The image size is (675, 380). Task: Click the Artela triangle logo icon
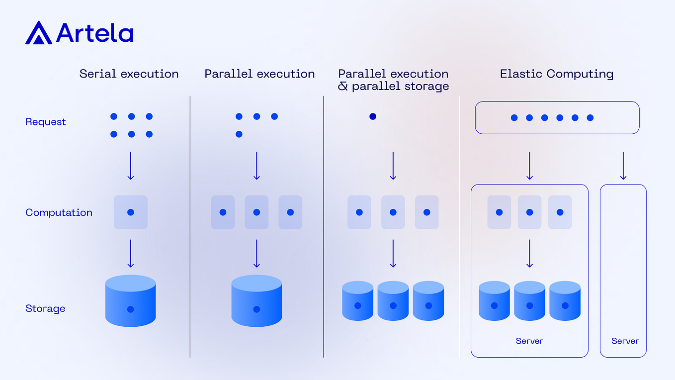39,33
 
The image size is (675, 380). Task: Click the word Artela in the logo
94,33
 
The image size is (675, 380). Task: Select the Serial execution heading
129,74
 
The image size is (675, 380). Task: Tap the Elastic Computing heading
556,74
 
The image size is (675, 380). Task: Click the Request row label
46,122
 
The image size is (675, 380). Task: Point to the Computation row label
59,212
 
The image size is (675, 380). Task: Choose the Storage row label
45,308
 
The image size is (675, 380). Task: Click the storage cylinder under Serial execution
130,301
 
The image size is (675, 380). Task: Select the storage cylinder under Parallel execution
256,301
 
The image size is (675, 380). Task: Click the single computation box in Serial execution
131,212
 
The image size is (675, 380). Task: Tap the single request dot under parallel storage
373,116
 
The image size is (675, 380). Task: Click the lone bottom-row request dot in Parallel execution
239,134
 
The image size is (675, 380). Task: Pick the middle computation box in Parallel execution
256,212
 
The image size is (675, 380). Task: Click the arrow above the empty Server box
623,166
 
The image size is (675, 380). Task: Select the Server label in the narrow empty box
625,341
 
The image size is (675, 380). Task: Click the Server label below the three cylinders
529,341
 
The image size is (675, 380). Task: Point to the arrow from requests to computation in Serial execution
131,166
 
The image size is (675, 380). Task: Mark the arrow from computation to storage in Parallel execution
256,254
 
